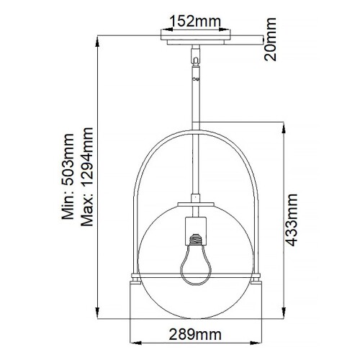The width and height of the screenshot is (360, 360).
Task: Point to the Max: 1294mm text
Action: [89, 176]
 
